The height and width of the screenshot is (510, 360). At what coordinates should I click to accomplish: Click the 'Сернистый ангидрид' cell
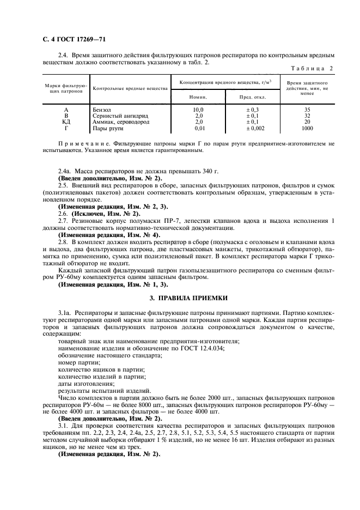click(117, 116)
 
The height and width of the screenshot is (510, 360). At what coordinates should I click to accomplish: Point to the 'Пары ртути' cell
click(108, 128)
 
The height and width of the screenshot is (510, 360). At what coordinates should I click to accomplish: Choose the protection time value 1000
click(307, 128)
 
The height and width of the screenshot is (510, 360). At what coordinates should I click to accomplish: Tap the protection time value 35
click(307, 110)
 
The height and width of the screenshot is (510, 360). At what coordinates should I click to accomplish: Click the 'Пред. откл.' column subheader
click(253, 96)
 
